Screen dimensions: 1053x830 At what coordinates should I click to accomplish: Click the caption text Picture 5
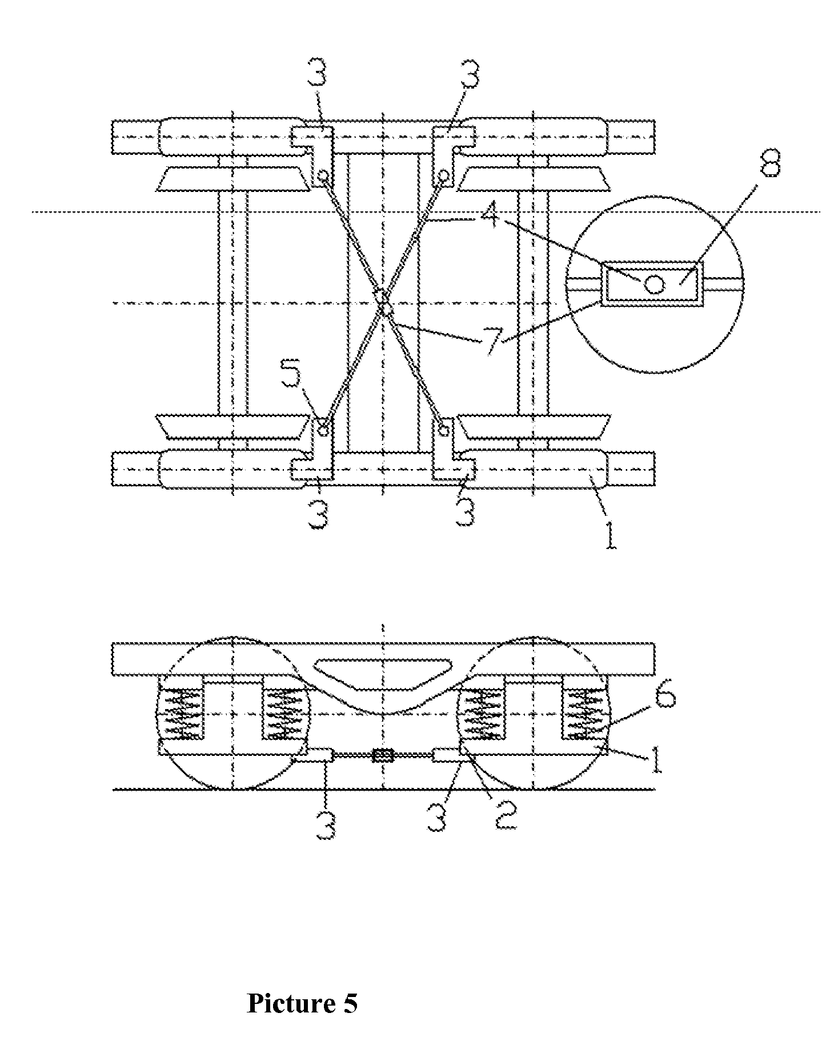(302, 1003)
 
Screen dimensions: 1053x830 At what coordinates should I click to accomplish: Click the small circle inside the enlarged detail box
(655, 283)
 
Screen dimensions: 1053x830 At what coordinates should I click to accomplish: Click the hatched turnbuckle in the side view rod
(383, 756)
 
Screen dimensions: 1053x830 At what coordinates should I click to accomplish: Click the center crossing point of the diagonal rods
(382, 303)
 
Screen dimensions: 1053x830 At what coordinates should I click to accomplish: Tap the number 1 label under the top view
(610, 535)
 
